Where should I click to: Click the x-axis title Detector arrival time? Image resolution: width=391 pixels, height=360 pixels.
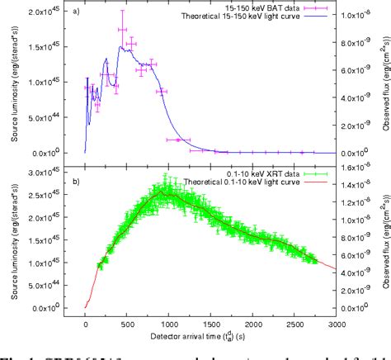208,348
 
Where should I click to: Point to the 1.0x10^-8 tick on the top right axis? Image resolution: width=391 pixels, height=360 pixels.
364,14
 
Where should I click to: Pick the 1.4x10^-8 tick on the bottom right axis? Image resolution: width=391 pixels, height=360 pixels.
364,188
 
